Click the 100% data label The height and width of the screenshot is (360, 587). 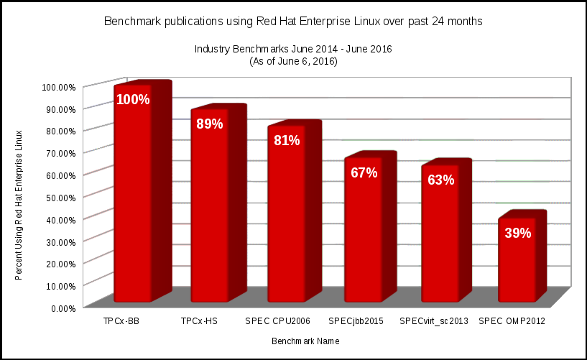point(133,99)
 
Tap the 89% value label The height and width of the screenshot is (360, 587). point(210,124)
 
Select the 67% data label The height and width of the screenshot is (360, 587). point(364,172)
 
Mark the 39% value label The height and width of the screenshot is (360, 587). point(517,233)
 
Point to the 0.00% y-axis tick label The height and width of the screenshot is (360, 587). point(63,308)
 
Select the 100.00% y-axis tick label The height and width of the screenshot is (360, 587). point(59,87)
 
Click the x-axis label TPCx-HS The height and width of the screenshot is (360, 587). point(200,321)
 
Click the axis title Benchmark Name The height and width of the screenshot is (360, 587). point(305,341)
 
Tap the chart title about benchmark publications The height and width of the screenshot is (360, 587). point(293,22)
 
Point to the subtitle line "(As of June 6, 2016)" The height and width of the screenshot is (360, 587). point(293,62)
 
